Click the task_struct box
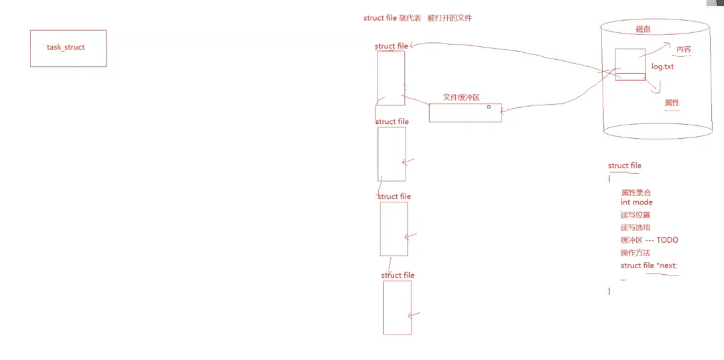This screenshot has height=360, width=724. pos(68,48)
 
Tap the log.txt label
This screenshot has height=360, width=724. pos(662,67)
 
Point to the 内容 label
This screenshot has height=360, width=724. pos(683,50)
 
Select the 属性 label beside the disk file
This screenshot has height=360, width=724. pos(672,103)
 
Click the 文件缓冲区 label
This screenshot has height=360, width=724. pos(461,97)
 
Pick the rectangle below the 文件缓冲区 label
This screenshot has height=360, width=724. pos(465,113)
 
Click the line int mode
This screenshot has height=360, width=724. pos(636,202)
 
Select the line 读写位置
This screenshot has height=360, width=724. pos(636,215)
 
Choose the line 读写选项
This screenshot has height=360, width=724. pos(636,227)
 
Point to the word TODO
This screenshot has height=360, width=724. pos(667,240)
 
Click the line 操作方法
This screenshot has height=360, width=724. pos(636,253)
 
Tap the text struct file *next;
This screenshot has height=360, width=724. pos(648,265)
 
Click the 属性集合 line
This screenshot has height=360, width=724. pos(636,192)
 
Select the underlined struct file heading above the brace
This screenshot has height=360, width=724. pos(624,166)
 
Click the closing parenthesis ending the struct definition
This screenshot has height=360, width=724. pos(609,291)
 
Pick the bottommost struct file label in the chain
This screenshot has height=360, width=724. pos(398,275)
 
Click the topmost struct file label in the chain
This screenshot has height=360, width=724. pos(391,46)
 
